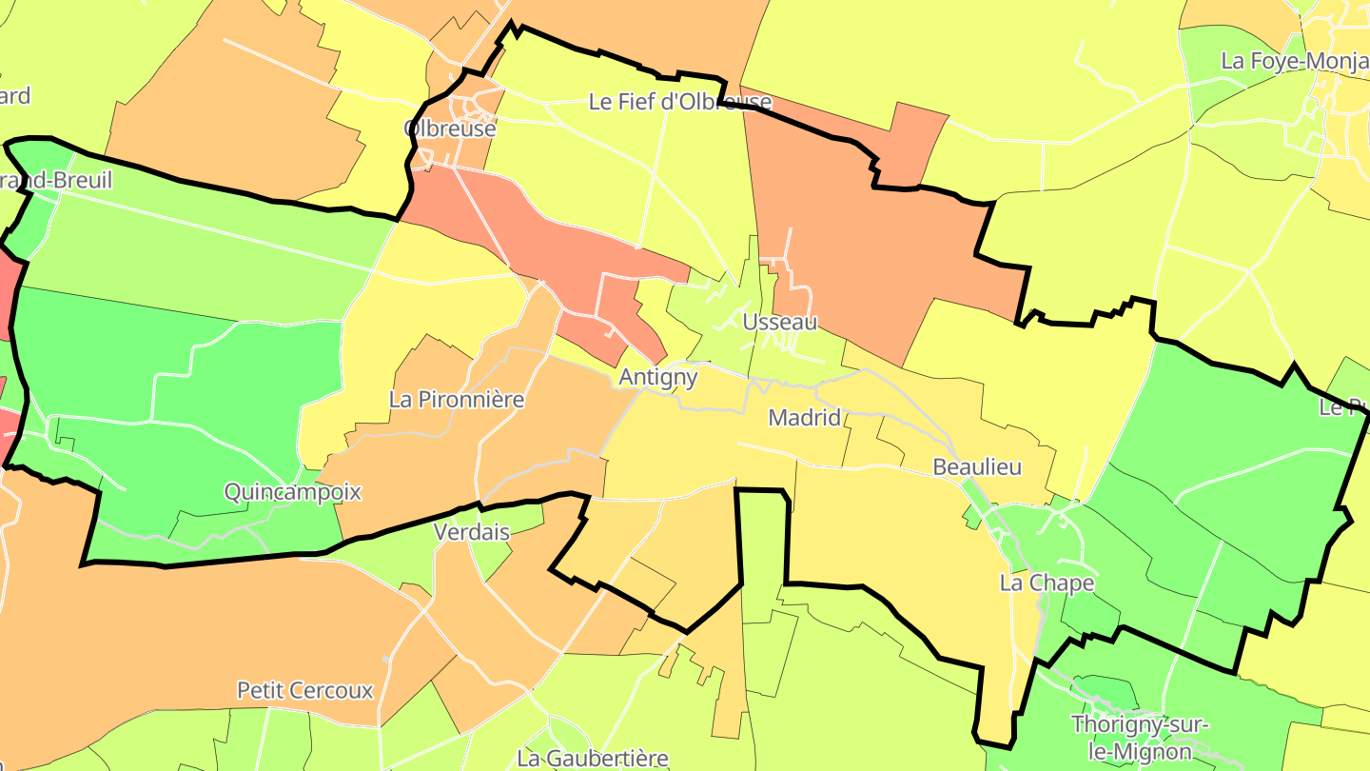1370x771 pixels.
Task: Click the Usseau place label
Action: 779,322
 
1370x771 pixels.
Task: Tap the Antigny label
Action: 657,377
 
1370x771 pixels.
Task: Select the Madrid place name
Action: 804,417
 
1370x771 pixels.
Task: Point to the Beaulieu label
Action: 977,466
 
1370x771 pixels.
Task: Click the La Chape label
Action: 1047,583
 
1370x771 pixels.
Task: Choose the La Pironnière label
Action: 457,399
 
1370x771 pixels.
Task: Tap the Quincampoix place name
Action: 293,492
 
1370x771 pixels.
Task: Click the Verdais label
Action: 471,532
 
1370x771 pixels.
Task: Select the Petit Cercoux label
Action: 304,690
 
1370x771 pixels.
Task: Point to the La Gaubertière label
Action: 592,758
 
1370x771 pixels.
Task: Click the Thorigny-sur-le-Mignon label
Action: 1140,737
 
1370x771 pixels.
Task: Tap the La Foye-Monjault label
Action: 1294,61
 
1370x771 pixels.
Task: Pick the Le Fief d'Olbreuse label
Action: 679,101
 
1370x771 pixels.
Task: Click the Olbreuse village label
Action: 450,128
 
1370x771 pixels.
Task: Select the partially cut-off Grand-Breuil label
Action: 57,180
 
